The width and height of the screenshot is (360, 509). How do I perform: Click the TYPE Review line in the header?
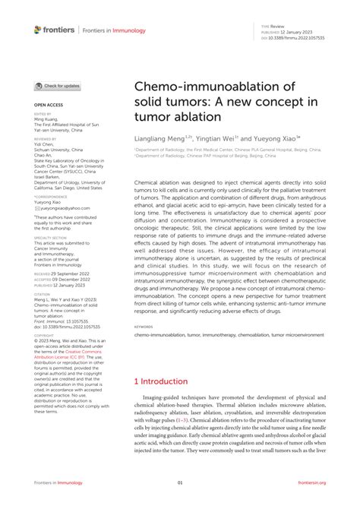277,25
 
